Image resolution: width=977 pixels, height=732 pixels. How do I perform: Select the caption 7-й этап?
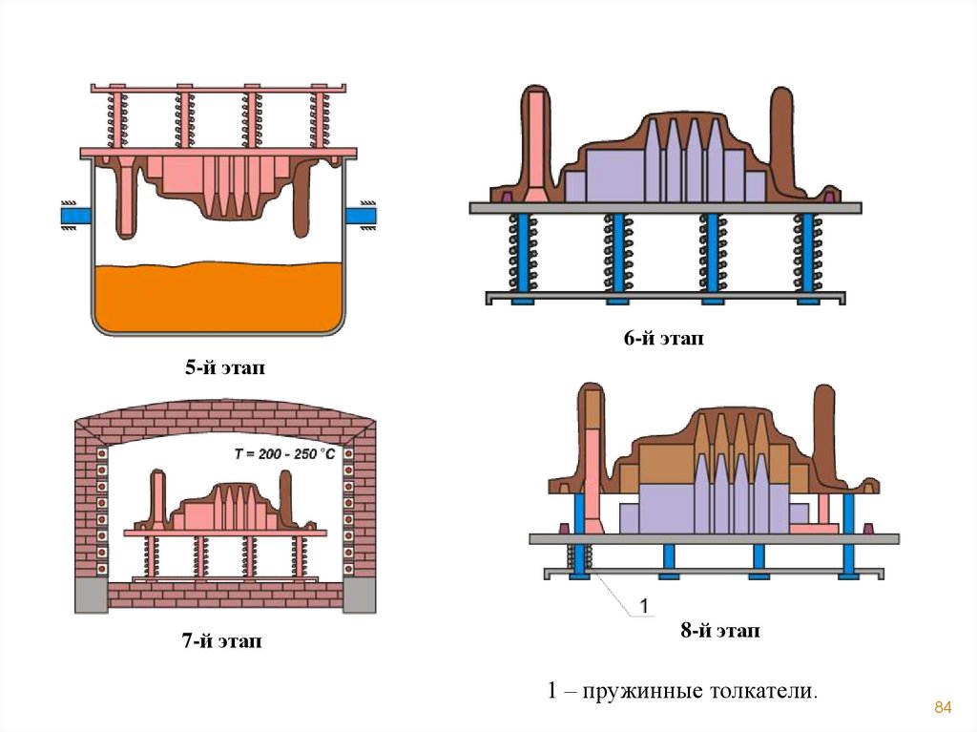[x=222, y=640]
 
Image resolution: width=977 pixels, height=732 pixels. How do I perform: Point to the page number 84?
[x=944, y=707]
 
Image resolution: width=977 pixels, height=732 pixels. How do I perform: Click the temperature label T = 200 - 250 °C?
[x=284, y=453]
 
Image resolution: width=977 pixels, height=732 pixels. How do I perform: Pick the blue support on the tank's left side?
[x=73, y=216]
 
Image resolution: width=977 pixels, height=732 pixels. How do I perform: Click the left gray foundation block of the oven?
[x=92, y=596]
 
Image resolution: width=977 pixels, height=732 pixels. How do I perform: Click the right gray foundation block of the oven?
[x=360, y=596]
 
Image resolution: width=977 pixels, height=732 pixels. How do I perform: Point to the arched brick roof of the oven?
[x=225, y=408]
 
